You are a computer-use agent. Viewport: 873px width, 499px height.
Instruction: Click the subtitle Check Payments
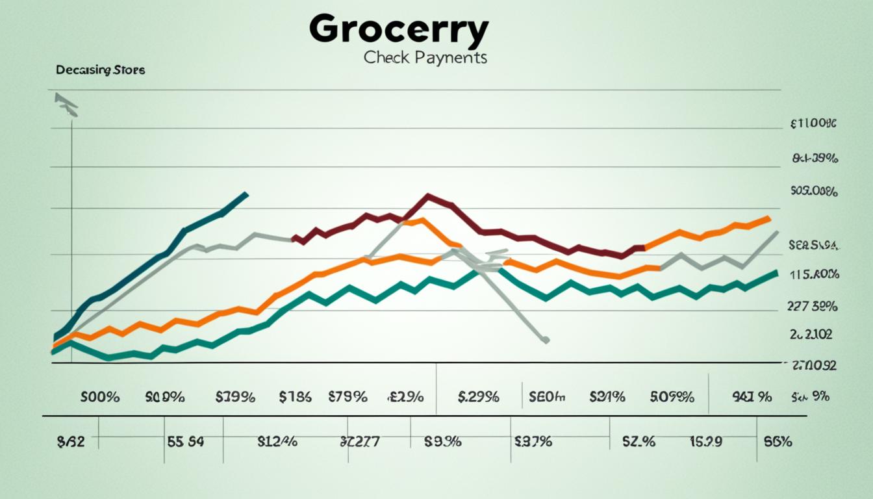pos(425,58)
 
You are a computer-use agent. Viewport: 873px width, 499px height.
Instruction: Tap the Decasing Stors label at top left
pos(100,70)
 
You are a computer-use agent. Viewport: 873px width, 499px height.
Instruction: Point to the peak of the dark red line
pos(428,195)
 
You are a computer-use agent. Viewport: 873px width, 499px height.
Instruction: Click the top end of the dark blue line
pos(246,193)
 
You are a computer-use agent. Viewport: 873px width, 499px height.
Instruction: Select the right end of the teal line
pos(776,273)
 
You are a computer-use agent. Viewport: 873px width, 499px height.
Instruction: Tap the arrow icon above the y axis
pos(66,104)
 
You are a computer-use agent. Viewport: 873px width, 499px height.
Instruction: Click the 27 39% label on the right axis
pos(812,307)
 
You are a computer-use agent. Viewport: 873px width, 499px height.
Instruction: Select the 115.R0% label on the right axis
pos(814,275)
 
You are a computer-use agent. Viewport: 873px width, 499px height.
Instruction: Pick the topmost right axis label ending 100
pos(813,123)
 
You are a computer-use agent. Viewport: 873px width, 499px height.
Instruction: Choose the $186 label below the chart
pos(295,397)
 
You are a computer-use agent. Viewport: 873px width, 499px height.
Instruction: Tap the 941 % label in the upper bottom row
pos(752,397)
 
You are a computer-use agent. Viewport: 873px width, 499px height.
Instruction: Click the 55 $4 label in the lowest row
pos(185,442)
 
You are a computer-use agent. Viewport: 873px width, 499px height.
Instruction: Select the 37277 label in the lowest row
pos(359,442)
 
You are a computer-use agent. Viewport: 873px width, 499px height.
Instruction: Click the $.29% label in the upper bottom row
pos(478,397)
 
